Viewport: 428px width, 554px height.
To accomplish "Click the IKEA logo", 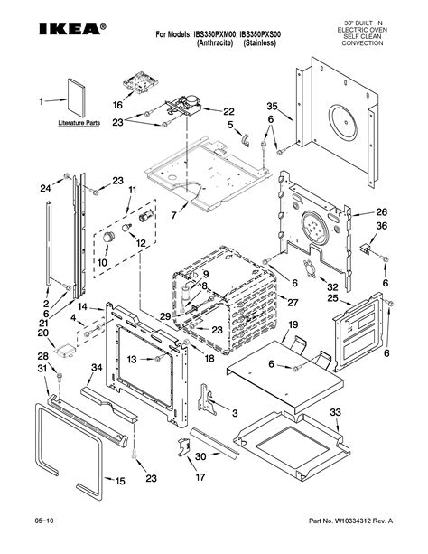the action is point(72,29).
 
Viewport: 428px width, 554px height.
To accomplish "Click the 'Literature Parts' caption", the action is point(79,123).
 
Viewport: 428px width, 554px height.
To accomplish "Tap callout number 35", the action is point(272,107).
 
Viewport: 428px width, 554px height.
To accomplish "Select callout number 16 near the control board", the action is point(117,105).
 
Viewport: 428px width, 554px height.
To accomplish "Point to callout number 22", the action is point(228,111).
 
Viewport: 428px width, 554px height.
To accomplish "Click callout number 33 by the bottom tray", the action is point(336,412).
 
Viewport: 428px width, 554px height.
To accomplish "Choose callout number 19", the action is point(293,324).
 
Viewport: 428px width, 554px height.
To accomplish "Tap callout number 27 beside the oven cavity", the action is point(293,303).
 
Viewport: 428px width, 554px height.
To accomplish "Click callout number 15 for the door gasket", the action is point(120,481).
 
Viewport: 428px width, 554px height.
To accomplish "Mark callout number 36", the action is point(381,225).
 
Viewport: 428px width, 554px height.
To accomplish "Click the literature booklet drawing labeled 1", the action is point(76,98).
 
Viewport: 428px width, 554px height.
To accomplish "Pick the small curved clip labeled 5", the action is point(246,140).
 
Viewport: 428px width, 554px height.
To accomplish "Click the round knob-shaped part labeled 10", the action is point(108,237).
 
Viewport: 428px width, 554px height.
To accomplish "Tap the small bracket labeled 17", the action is point(183,447).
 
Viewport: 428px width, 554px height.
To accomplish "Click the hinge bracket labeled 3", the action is point(207,399).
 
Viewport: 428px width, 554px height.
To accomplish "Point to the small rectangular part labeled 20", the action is point(65,350).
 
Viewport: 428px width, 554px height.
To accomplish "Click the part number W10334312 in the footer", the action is point(353,521).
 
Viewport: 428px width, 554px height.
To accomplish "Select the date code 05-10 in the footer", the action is point(44,521).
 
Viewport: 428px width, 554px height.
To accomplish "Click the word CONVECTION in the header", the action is point(362,43).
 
